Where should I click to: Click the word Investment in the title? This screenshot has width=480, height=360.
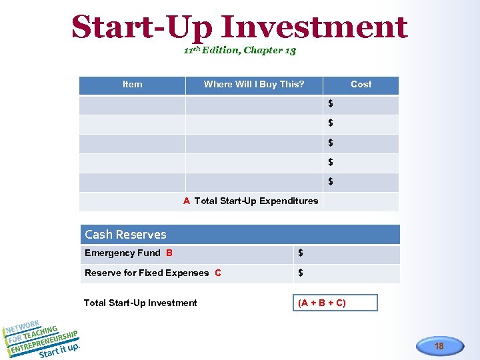pyautogui.click(x=314, y=27)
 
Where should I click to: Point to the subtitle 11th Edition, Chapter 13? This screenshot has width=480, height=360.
pyautogui.click(x=239, y=51)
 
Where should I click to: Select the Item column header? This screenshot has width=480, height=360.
pyautogui.click(x=132, y=85)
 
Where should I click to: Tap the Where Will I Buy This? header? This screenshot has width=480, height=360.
pyautogui.click(x=253, y=85)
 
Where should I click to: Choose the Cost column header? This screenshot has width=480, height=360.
pyautogui.click(x=361, y=85)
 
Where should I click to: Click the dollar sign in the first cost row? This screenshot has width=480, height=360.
pyautogui.click(x=331, y=104)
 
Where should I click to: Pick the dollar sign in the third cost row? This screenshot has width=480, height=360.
pyautogui.click(x=331, y=143)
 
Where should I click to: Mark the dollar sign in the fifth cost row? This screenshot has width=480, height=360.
pyautogui.click(x=331, y=181)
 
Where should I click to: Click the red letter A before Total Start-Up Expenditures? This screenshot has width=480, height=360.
pyautogui.click(x=187, y=201)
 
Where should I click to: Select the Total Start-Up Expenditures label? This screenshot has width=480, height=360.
pyautogui.click(x=256, y=201)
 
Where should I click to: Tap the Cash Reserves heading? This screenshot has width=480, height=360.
pyautogui.click(x=125, y=235)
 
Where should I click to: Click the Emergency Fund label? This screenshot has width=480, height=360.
pyautogui.click(x=123, y=253)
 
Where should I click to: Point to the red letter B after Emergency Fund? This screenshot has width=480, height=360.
pyautogui.click(x=169, y=253)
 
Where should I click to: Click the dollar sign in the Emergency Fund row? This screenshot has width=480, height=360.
pyautogui.click(x=301, y=253)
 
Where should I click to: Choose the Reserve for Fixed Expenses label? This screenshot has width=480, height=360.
pyautogui.click(x=147, y=273)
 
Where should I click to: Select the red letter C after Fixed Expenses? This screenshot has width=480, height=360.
pyautogui.click(x=218, y=273)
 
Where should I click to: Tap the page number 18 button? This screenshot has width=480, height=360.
pyautogui.click(x=439, y=346)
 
